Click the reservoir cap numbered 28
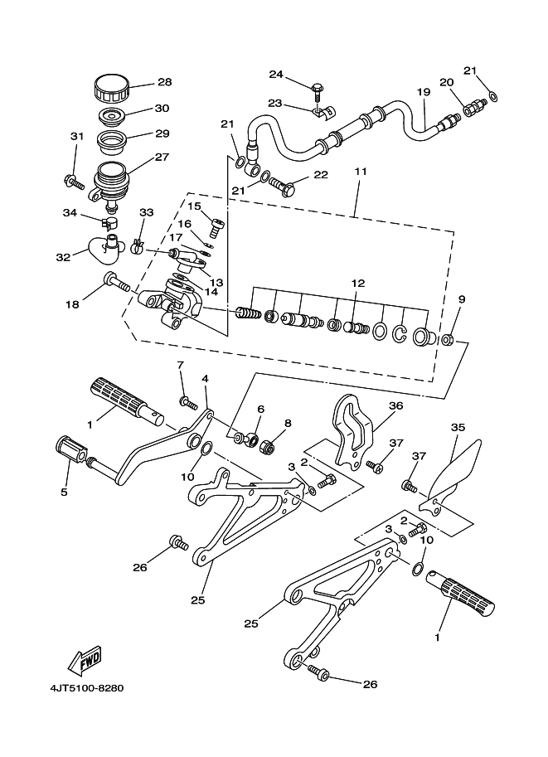[x=112, y=88]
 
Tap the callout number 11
[x=361, y=172]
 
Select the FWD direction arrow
[x=85, y=659]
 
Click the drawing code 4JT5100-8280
[x=87, y=688]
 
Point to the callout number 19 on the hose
[x=424, y=92]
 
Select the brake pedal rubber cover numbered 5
[x=70, y=449]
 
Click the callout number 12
[x=358, y=283]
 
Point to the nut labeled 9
[x=447, y=340]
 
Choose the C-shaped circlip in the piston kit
[x=398, y=334]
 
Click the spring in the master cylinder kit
[x=248, y=315]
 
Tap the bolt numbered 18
[x=116, y=282]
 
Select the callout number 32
[x=63, y=257]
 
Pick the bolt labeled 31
[x=74, y=182]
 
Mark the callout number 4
[x=206, y=379]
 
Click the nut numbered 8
[x=269, y=445]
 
